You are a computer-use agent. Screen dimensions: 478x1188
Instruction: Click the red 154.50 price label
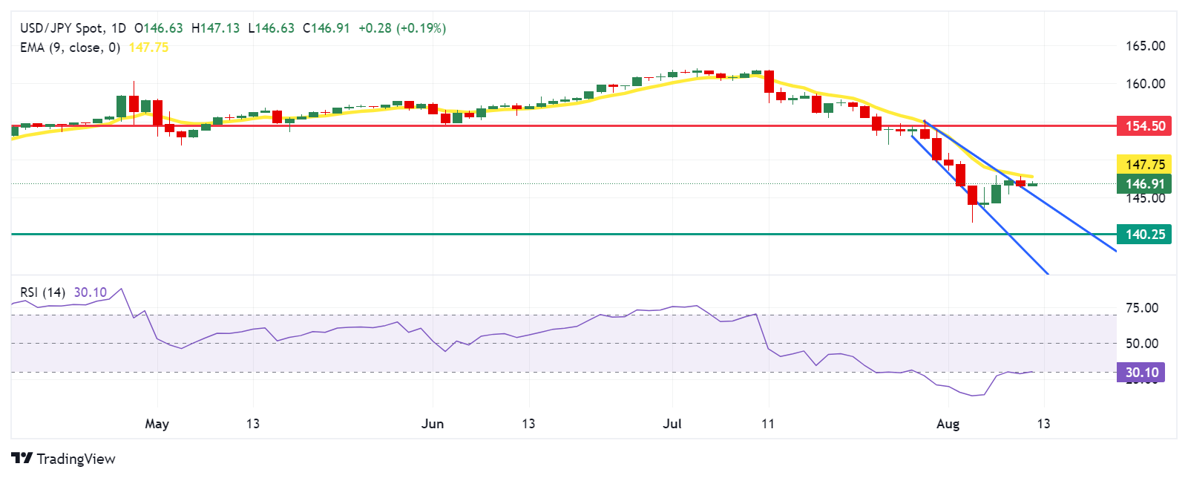tap(1143, 125)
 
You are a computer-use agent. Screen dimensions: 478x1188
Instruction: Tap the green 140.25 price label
tap(1143, 235)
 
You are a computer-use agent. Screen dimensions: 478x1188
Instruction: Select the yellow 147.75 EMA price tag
tap(1143, 165)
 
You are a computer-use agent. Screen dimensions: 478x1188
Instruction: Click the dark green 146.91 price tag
tap(1143, 184)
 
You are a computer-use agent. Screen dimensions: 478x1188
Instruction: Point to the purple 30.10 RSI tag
tap(1141, 373)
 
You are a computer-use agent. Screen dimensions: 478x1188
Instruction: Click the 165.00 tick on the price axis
tap(1145, 46)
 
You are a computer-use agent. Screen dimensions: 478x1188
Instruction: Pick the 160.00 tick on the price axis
tap(1145, 84)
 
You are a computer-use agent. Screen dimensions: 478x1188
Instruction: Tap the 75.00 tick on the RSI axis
tap(1141, 308)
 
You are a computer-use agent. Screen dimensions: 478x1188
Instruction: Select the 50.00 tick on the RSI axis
tap(1141, 343)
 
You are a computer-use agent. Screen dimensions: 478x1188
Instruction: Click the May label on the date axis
tap(157, 424)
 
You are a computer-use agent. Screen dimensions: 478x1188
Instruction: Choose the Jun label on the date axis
tap(432, 424)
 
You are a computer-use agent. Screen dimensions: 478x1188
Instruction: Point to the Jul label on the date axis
tap(672, 424)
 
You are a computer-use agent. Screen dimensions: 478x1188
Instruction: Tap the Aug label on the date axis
tap(948, 424)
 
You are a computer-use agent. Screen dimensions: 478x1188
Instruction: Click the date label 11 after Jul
tap(768, 424)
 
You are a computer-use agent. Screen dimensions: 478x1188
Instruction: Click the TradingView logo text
tap(76, 459)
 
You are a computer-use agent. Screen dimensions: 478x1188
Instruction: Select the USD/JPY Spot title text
tap(62, 28)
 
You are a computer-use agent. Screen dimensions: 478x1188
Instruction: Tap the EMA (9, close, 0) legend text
tap(70, 48)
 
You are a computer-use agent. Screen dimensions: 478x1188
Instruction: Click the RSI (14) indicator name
tap(42, 292)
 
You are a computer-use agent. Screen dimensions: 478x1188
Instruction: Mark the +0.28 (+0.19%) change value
tap(401, 28)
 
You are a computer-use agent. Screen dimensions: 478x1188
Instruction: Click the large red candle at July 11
tap(769, 82)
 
